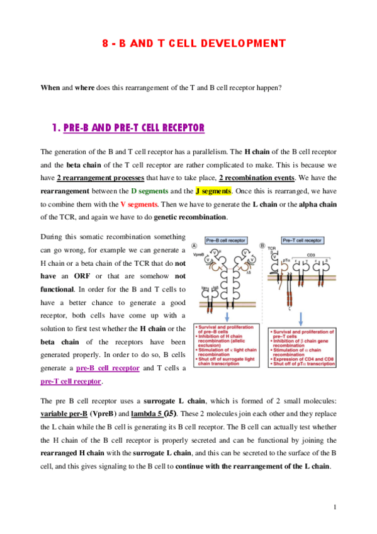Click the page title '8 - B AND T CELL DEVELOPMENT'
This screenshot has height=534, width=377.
tap(194, 43)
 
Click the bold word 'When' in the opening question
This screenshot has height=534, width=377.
tap(50, 88)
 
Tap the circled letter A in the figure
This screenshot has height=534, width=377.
tap(195, 246)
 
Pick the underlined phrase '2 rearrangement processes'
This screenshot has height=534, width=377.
tap(101, 178)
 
